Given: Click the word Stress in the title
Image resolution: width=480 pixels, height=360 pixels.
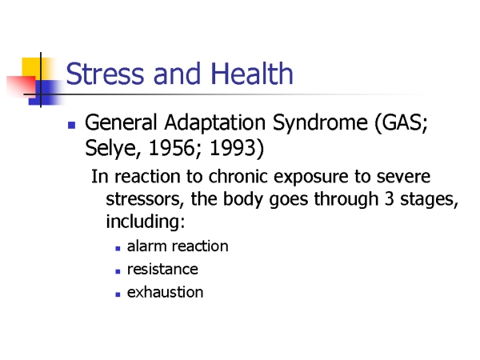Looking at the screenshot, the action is pyautogui.click(x=105, y=74).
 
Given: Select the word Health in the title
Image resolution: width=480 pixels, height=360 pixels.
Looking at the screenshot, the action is pyautogui.click(x=252, y=73).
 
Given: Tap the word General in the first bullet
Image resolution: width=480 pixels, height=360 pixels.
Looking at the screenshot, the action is pyautogui.click(x=121, y=122).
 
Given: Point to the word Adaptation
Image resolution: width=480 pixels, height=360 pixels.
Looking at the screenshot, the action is pyautogui.click(x=214, y=123).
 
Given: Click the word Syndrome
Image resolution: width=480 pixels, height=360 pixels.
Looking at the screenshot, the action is pyautogui.click(x=320, y=123).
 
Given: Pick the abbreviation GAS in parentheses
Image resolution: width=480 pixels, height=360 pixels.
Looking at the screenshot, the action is pyautogui.click(x=398, y=122).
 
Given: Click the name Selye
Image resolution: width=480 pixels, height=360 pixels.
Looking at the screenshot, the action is pyautogui.click(x=111, y=149).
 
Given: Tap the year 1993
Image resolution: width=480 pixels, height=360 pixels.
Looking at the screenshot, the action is pyautogui.click(x=233, y=147).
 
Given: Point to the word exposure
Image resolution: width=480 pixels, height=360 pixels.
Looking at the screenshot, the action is pyautogui.click(x=310, y=178).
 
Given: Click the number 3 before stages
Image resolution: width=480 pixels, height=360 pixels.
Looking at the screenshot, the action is pyautogui.click(x=389, y=199).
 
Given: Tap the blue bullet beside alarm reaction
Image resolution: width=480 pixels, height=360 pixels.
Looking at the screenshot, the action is pyautogui.click(x=118, y=249).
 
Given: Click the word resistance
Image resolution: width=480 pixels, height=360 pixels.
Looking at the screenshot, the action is pyautogui.click(x=162, y=270).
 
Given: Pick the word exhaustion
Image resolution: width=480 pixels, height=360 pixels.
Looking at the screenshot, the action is pyautogui.click(x=165, y=292).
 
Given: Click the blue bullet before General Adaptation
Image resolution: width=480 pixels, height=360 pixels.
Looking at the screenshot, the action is pyautogui.click(x=72, y=126).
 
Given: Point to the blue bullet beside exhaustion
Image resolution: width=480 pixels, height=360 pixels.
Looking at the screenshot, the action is pyautogui.click(x=118, y=294).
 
